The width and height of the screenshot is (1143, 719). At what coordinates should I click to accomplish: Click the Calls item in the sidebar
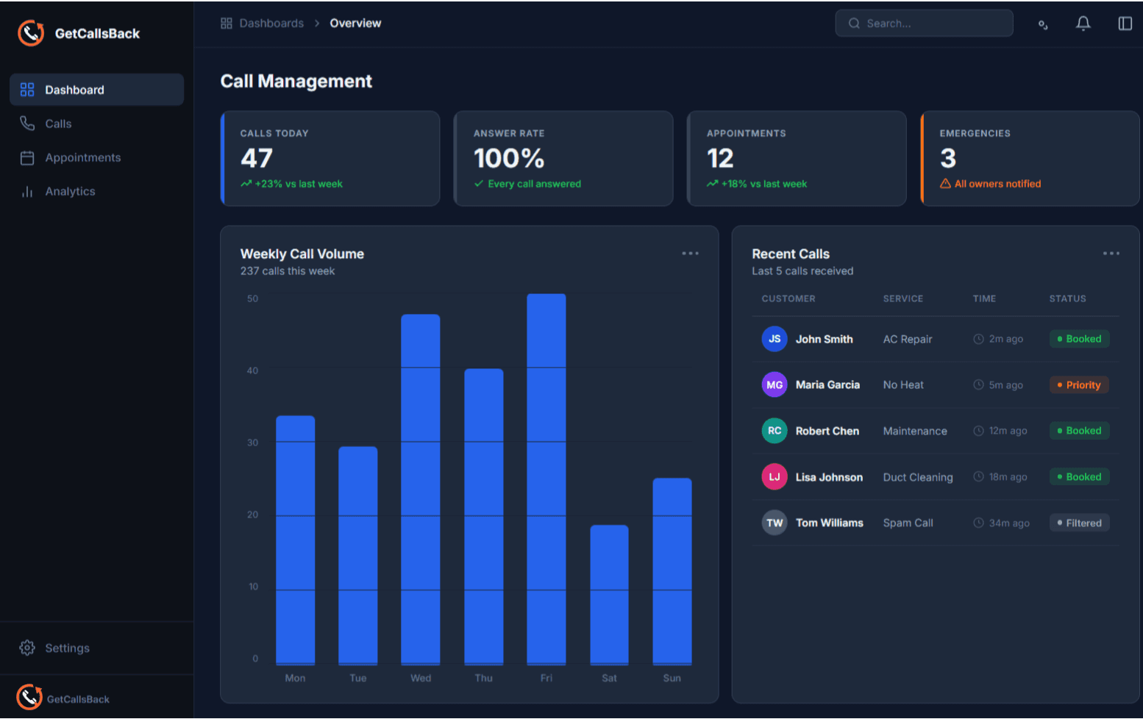[58, 124]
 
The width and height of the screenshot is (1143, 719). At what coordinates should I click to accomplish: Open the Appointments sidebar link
[82, 157]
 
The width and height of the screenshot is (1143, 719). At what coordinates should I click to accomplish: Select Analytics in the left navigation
[70, 191]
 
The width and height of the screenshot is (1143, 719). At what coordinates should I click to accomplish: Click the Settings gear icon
[27, 648]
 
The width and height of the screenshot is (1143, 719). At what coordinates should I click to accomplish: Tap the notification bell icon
[1083, 24]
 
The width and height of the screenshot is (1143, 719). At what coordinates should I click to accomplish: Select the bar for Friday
[546, 478]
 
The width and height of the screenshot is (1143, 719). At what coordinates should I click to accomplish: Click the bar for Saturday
[609, 594]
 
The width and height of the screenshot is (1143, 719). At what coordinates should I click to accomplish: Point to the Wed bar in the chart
[420, 489]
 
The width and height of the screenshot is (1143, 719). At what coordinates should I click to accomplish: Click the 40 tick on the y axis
[252, 371]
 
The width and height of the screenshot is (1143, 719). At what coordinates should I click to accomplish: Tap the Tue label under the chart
[357, 678]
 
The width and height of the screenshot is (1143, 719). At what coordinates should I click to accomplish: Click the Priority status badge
[1078, 385]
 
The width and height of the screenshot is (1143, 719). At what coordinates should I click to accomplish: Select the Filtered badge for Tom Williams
[1078, 523]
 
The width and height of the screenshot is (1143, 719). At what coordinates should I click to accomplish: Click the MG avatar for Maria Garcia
[774, 384]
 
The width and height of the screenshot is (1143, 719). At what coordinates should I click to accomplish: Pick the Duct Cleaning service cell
[917, 477]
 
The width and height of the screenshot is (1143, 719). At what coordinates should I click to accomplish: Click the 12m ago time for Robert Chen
[1007, 431]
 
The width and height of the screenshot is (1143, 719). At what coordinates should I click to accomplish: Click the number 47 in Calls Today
[257, 158]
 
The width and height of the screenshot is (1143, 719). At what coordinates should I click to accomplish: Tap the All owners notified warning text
[997, 184]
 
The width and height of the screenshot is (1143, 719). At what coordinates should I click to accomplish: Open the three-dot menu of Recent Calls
[1111, 254]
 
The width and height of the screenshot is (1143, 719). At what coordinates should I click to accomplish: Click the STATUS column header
[1067, 298]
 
